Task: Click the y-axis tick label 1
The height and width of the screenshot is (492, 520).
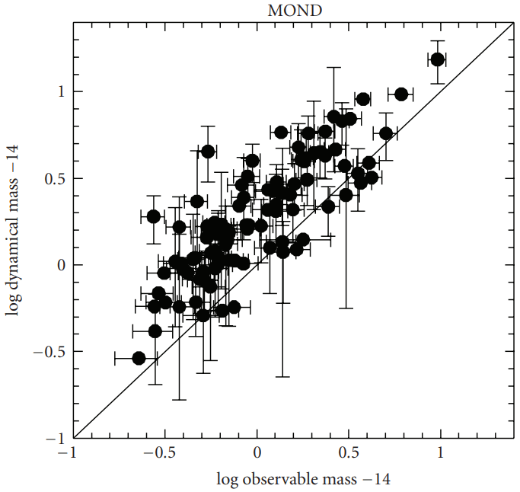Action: pyautogui.click(x=58, y=91)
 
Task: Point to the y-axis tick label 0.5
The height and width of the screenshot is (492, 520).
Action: pyautogui.click(x=53, y=178)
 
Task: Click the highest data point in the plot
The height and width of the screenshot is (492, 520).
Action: pyautogui.click(x=438, y=59)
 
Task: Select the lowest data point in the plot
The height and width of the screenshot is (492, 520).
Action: pyautogui.click(x=139, y=358)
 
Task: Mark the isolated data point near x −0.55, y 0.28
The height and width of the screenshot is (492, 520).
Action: pyautogui.click(x=154, y=216)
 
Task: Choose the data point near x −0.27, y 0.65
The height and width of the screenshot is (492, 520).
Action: pyautogui.click(x=208, y=152)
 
